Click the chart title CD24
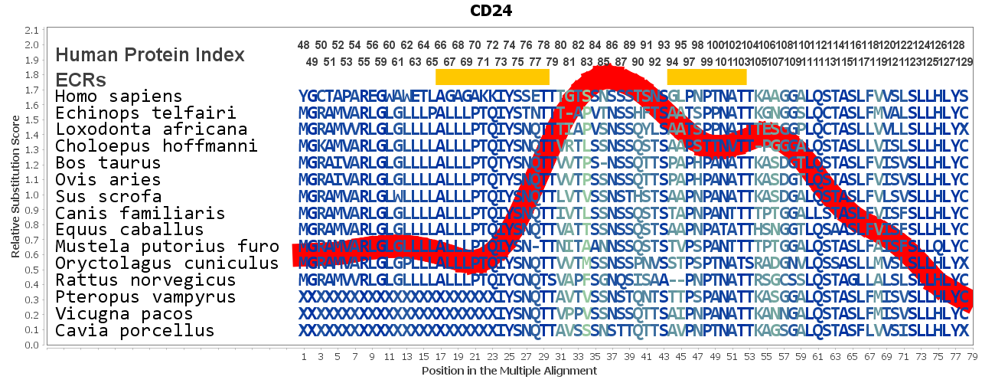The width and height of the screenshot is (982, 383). pyautogui.click(x=491, y=11)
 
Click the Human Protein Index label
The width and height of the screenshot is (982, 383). pyautogui.click(x=150, y=55)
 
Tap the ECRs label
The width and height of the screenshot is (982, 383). pyautogui.click(x=80, y=80)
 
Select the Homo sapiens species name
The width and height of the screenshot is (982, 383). pyautogui.click(x=119, y=97)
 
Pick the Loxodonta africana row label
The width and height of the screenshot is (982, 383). pyautogui.click(x=151, y=129)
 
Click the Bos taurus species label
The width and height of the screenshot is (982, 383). pyautogui.click(x=108, y=163)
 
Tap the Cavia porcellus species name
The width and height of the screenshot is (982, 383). pyautogui.click(x=135, y=331)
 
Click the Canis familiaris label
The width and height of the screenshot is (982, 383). pyautogui.click(x=140, y=213)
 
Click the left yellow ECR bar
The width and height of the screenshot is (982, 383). pyautogui.click(x=492, y=77)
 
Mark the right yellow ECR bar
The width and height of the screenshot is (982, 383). pyautogui.click(x=706, y=77)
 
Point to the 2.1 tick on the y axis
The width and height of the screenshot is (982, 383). pyautogui.click(x=31, y=31)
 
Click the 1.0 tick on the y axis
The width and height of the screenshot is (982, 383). pyautogui.click(x=31, y=195)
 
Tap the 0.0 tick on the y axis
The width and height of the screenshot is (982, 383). pyautogui.click(x=31, y=345)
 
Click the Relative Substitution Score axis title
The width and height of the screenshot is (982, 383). pyautogui.click(x=15, y=188)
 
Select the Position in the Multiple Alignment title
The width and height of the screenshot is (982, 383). pyautogui.click(x=509, y=371)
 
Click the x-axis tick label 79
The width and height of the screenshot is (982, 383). pyautogui.click(x=972, y=357)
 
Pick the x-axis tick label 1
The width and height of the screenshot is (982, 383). pyautogui.click(x=304, y=357)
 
